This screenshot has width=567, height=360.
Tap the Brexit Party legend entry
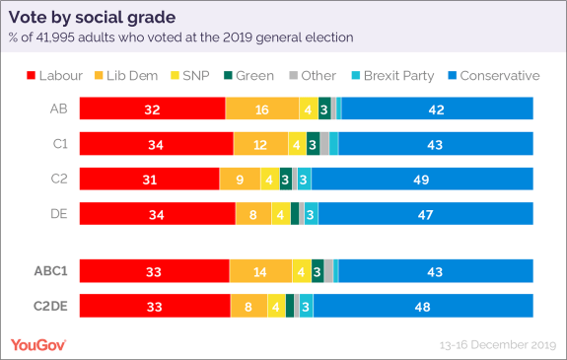[x=390, y=76]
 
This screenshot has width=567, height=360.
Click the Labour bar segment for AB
[x=152, y=108]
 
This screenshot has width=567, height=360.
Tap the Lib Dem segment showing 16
[x=261, y=108]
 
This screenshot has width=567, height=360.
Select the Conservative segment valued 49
[x=422, y=180]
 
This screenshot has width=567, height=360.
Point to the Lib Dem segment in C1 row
[x=260, y=144]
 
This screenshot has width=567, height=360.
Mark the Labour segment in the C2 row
[x=149, y=180]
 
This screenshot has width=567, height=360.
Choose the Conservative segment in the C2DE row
[x=423, y=306]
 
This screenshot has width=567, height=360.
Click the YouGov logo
[x=40, y=344]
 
